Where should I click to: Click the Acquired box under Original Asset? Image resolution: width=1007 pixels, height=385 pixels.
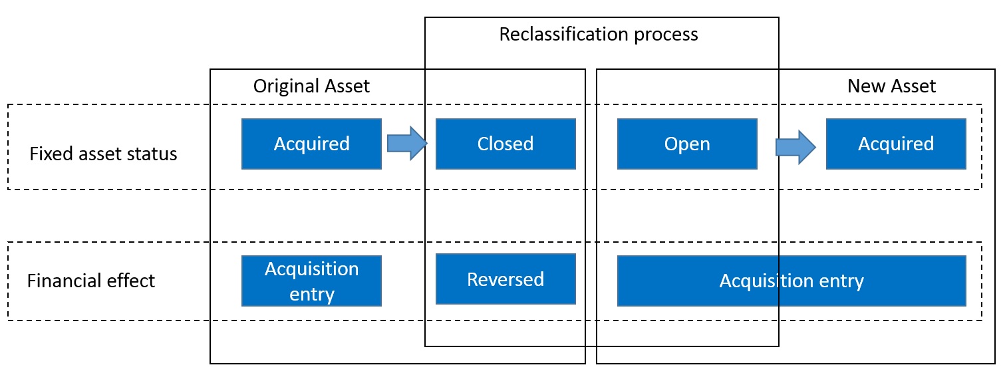(x=311, y=144)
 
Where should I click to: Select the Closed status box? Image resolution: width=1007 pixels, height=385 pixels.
(x=505, y=144)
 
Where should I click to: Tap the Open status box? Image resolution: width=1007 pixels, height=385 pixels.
(x=687, y=144)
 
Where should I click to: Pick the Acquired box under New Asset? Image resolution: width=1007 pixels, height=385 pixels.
(x=896, y=144)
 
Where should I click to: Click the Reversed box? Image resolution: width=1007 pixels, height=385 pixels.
(x=505, y=279)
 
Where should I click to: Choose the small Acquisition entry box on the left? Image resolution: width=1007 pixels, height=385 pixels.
(x=311, y=281)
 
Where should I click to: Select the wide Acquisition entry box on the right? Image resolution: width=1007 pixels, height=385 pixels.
(x=791, y=281)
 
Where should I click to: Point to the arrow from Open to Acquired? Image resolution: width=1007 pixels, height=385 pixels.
(x=795, y=146)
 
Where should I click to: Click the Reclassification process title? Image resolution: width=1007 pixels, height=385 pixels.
(x=599, y=34)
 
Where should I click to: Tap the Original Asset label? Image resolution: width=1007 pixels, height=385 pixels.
(x=311, y=86)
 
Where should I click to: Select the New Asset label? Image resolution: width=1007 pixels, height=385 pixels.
(x=891, y=86)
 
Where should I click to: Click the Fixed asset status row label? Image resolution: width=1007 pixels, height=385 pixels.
(x=103, y=154)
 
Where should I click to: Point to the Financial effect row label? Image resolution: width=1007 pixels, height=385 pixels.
(x=91, y=281)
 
